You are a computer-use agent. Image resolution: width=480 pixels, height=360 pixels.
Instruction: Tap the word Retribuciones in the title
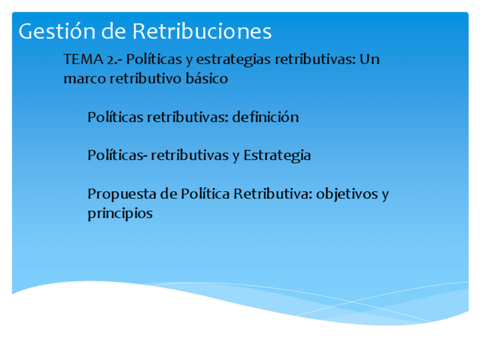click(x=202, y=31)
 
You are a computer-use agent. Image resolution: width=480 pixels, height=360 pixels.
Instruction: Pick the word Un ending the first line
click(x=369, y=59)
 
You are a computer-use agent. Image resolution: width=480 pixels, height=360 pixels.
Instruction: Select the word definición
click(x=265, y=118)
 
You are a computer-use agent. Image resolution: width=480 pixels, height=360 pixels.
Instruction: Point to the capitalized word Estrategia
click(x=277, y=155)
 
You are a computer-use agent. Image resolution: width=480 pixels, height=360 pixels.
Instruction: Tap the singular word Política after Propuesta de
click(x=205, y=194)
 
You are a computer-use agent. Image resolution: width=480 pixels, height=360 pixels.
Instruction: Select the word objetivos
click(x=346, y=194)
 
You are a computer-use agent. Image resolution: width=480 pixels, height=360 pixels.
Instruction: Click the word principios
click(x=120, y=214)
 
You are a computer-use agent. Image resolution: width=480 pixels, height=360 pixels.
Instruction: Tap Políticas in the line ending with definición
click(x=116, y=118)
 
